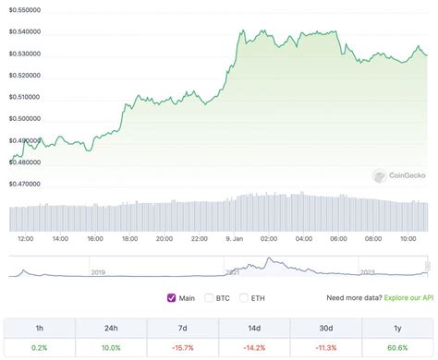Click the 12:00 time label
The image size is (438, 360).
click(x=26, y=238)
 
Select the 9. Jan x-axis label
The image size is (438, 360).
click(x=235, y=238)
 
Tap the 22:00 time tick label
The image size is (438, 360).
click(x=199, y=238)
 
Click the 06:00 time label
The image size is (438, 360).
click(x=338, y=238)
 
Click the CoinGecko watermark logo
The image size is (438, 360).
click(x=399, y=175)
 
